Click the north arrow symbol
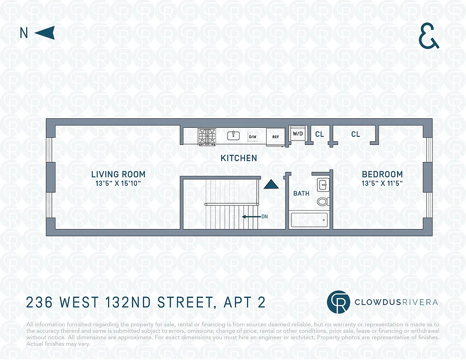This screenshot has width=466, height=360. pos(45,33)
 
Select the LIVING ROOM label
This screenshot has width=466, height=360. pos(118,174)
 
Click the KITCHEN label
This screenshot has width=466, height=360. pos(239,158)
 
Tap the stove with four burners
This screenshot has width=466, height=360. pos(207,136)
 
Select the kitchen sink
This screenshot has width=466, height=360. pos(234,135)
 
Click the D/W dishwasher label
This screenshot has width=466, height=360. pos(253,137)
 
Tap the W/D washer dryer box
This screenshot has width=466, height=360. pos(298,134)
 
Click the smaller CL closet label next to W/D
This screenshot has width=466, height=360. pos(319,134)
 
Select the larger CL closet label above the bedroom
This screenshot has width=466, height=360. pos(356,134)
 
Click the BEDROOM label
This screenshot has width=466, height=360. pos(382,174)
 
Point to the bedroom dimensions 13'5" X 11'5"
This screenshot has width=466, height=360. pos(382,183)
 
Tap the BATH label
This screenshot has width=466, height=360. pos(301,193)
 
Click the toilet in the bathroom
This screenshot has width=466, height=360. pos(322,201)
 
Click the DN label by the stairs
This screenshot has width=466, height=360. pos(264,216)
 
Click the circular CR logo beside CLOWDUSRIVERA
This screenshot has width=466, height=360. pos(339,302)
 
